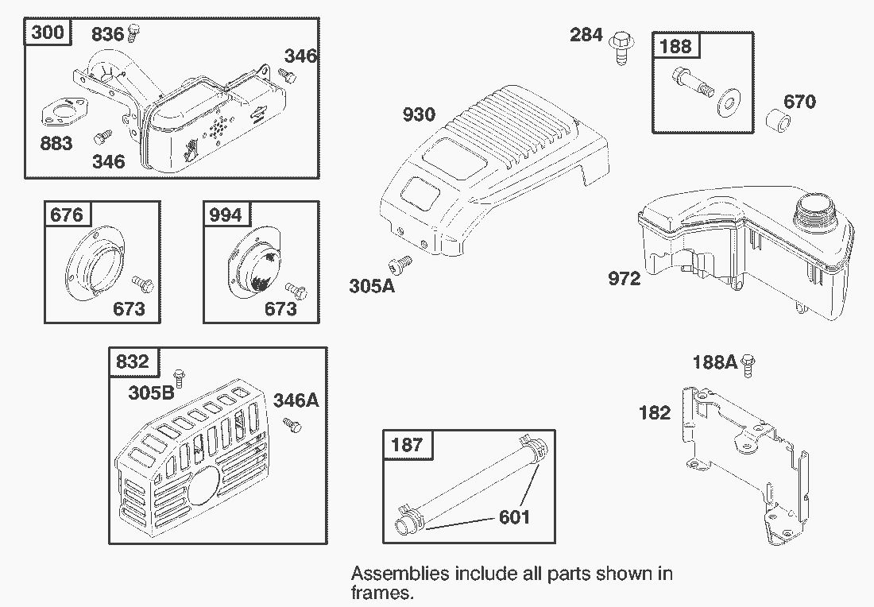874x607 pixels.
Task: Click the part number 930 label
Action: [419, 115]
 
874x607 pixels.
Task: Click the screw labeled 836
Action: [134, 33]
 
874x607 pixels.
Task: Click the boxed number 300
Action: [48, 33]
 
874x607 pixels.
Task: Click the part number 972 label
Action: [624, 279]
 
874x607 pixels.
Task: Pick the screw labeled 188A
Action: [748, 363]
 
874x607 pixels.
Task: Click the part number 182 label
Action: [654, 413]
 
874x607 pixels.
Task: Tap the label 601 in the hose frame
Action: [514, 517]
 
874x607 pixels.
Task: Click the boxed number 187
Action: [407, 445]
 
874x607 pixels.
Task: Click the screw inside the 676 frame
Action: [141, 282]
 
